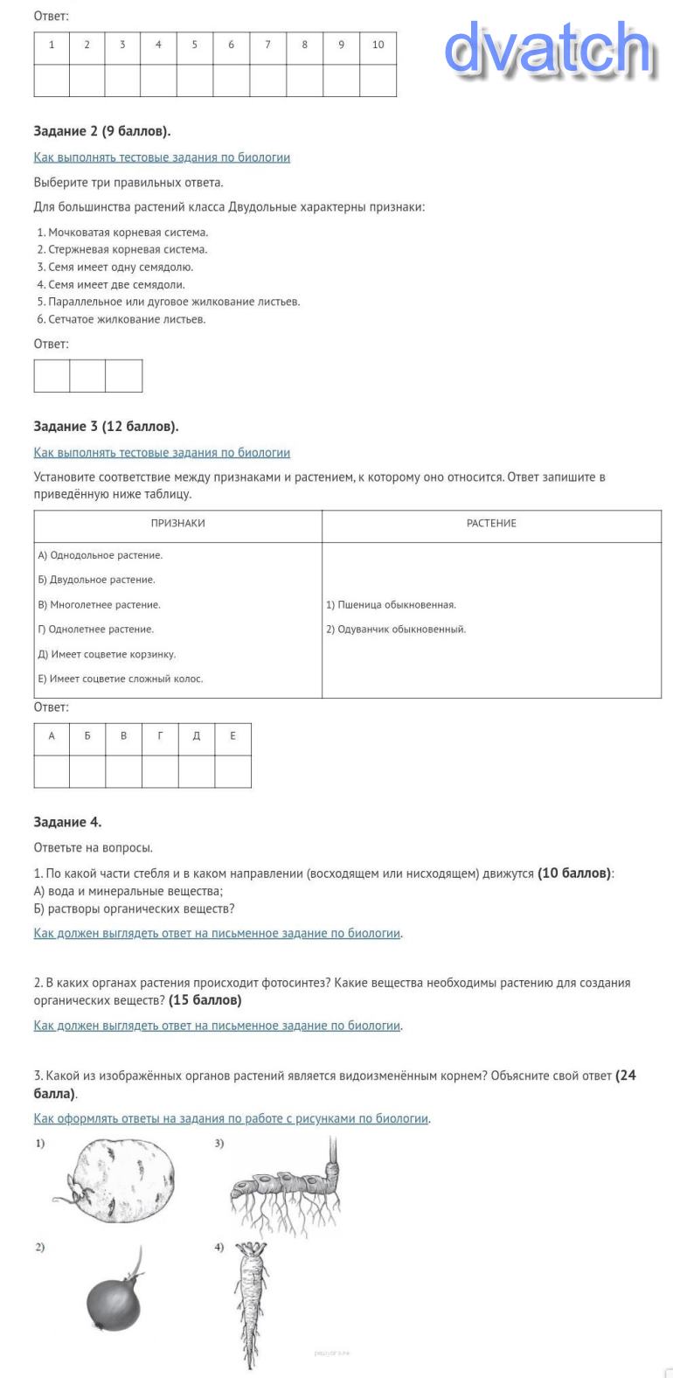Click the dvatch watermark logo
tap(548, 49)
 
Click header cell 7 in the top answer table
tap(267, 45)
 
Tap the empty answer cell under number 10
tap(378, 80)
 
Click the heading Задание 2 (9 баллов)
tap(102, 131)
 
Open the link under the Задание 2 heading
tap(162, 157)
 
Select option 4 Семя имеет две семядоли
tap(116, 284)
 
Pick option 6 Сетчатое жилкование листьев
tap(127, 319)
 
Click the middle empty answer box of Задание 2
tap(87, 376)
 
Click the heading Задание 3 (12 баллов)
tap(106, 427)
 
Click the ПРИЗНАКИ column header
tap(177, 524)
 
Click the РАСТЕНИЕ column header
tap(491, 524)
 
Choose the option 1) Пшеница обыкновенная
tap(391, 605)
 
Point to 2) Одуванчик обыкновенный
tap(396, 630)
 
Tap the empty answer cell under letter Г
tap(160, 771)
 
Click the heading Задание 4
tap(67, 822)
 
